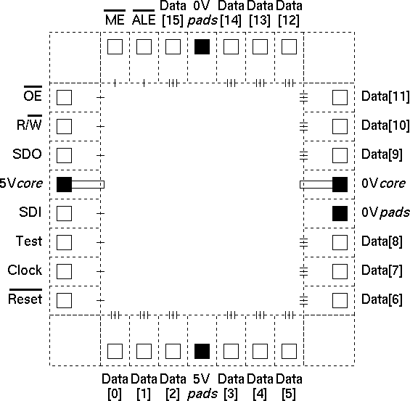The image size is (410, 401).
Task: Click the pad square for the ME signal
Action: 115,46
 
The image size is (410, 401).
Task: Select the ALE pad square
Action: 144,46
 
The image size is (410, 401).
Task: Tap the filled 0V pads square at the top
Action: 202,46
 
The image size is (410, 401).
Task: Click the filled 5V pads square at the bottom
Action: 202,352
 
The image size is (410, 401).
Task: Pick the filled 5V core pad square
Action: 65,184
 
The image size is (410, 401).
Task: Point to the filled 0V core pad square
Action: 340,184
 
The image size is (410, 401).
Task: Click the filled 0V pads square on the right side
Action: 340,213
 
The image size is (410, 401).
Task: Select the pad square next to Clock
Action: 65,271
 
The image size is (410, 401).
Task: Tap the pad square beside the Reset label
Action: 65,300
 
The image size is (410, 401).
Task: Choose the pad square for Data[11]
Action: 340,97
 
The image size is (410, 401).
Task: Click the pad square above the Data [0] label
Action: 115,352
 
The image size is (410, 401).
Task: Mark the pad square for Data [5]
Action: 290,352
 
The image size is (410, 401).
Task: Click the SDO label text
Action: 27,154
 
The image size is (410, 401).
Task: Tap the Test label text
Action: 29,241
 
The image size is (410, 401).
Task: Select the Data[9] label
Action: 382,154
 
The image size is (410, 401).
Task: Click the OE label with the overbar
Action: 33,94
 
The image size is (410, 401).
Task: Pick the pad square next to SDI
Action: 65,213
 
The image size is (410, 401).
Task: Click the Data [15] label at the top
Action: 173,13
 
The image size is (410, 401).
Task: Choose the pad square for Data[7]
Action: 340,271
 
